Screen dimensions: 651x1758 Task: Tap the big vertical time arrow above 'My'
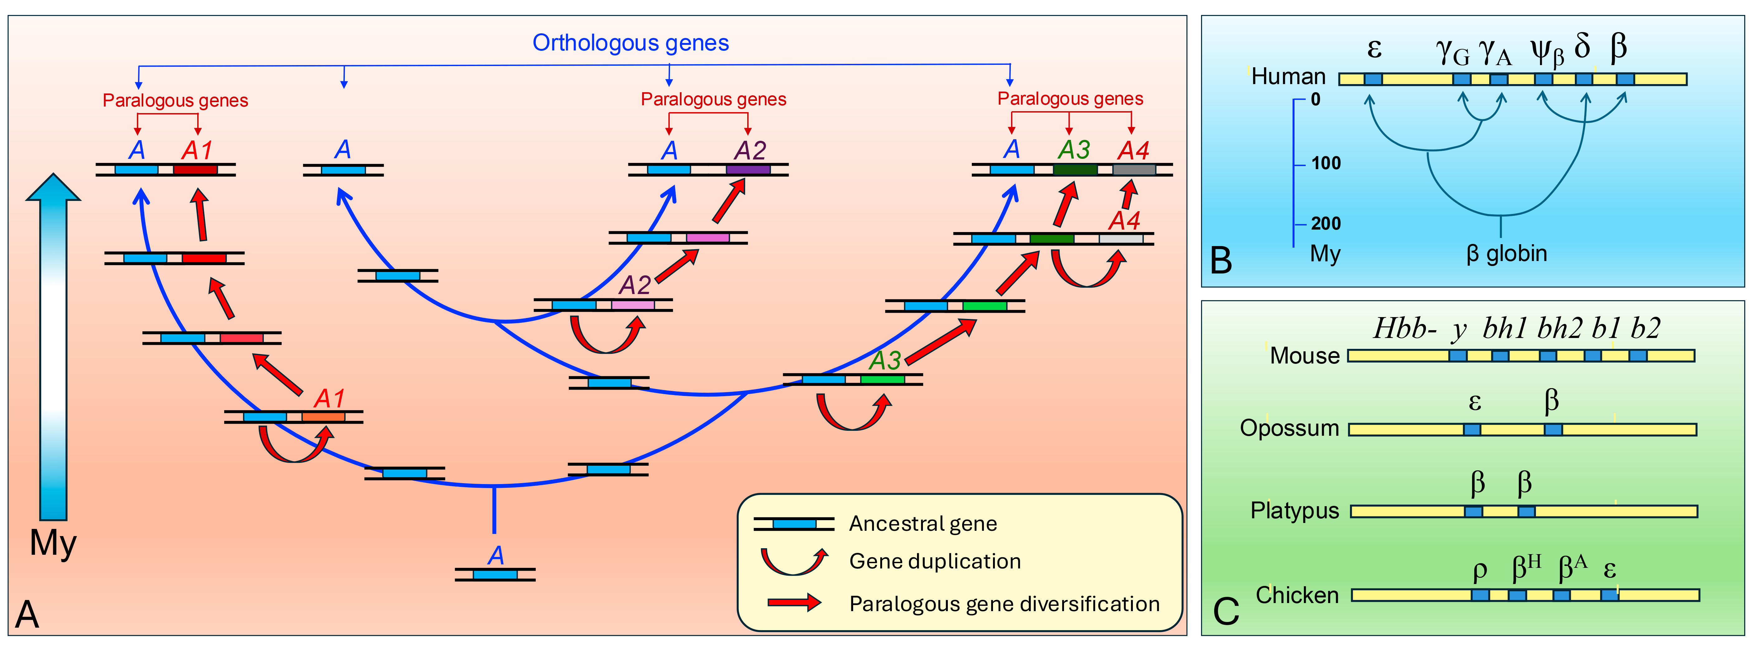[53, 348]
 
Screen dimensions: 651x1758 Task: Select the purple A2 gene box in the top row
[748, 169]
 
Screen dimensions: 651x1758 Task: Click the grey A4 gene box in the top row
[1134, 169]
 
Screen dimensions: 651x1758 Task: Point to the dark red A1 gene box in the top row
[195, 169]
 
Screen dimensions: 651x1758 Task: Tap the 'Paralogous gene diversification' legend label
[1004, 604]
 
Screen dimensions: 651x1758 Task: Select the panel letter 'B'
[1221, 261]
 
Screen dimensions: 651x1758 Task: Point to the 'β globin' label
[1506, 254]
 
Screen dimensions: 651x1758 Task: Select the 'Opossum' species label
[1289, 429]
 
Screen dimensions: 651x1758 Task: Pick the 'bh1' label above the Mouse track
[1504, 329]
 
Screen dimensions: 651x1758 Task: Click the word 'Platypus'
[1294, 511]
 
